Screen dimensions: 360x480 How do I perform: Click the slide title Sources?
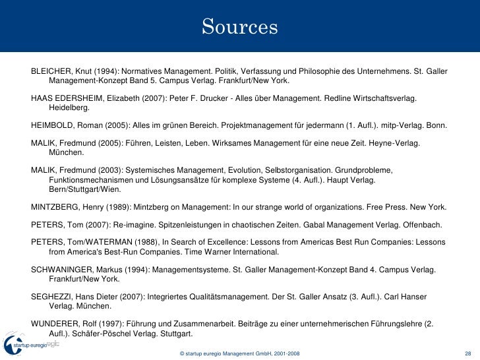coord(240,27)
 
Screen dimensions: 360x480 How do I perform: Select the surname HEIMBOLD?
coord(51,125)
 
